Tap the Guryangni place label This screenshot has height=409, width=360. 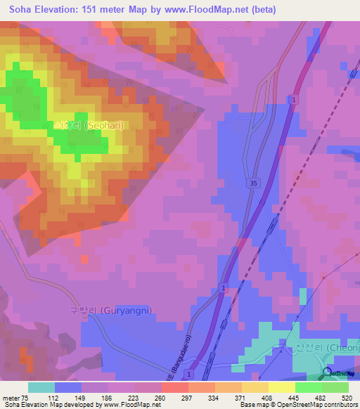[110, 310]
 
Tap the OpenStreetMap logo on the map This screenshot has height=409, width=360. [340, 373]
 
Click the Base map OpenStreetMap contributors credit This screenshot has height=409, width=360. [298, 405]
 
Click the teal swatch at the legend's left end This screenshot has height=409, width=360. [41, 387]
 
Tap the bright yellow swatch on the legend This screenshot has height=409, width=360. [282, 387]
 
